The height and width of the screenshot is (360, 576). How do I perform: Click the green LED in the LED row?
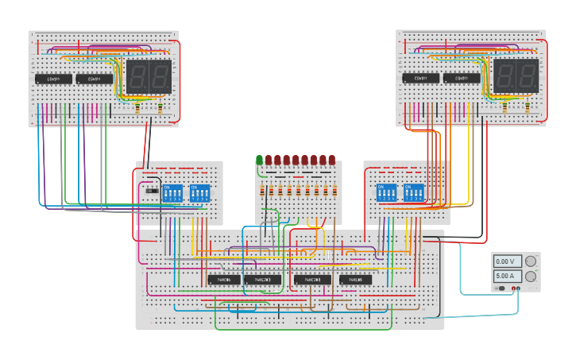point(259,160)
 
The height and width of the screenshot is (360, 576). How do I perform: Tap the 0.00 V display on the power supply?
point(505,261)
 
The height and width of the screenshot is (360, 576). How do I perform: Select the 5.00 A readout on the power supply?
point(505,276)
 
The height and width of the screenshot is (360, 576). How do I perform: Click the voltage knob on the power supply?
point(530,261)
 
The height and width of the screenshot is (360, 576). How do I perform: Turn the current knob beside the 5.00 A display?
point(530,276)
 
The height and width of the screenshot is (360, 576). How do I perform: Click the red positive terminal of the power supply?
point(520,288)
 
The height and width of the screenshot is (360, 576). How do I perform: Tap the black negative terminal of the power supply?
point(512,288)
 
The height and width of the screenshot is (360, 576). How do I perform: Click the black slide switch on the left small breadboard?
point(152,191)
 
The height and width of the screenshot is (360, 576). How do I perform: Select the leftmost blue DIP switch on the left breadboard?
point(172,193)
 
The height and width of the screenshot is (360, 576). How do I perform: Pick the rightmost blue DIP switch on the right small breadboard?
point(414,193)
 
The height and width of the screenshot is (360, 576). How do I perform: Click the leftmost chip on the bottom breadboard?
point(224,280)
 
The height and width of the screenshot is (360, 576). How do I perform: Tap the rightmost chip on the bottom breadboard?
point(355,280)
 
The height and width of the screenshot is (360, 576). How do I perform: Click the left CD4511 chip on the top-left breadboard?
point(52,79)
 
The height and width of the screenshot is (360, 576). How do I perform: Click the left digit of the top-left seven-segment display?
point(137,76)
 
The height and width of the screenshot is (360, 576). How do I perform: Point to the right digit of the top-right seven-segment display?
point(527,76)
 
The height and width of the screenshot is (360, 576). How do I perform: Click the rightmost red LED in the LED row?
point(331,160)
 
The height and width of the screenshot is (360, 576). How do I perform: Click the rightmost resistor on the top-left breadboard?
point(161,108)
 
